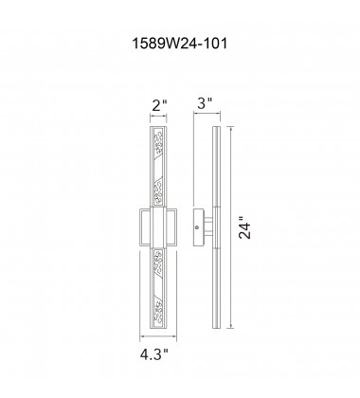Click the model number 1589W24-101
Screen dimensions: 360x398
click(179, 44)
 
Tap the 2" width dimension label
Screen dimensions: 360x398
click(159, 105)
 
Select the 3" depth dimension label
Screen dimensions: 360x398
click(205, 103)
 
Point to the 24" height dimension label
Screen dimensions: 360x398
click(244, 227)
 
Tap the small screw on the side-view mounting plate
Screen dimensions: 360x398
click(197, 227)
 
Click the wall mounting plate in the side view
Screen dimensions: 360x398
click(198, 227)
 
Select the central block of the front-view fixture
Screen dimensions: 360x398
click(158, 227)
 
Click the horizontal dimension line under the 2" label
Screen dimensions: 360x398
click(158, 116)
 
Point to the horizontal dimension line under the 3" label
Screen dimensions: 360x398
click(207, 113)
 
